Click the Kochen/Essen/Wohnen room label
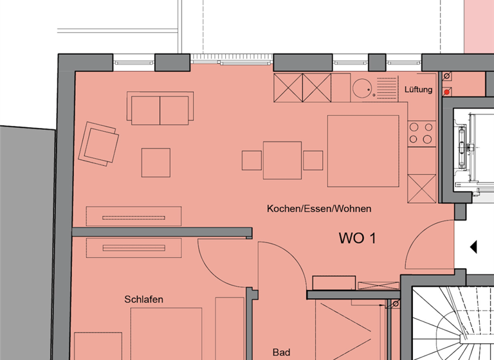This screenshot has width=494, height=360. [x=319, y=209]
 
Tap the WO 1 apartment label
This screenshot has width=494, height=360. [x=357, y=239]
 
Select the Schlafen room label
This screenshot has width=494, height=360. [x=143, y=300]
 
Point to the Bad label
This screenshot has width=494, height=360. [x=281, y=352]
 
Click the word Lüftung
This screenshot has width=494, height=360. [x=419, y=90]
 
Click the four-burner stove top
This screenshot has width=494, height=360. [x=421, y=133]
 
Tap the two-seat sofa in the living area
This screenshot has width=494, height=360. [x=160, y=109]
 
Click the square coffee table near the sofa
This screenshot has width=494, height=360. [x=156, y=163]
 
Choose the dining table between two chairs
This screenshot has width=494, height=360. [x=282, y=160]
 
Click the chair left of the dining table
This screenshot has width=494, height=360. [x=252, y=160]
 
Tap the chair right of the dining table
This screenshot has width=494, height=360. [x=313, y=160]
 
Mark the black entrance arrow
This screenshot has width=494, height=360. [x=473, y=247]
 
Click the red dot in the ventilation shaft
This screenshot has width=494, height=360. [x=446, y=93]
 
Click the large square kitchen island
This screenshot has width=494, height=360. [x=363, y=150]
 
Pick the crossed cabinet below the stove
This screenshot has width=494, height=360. [x=422, y=188]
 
